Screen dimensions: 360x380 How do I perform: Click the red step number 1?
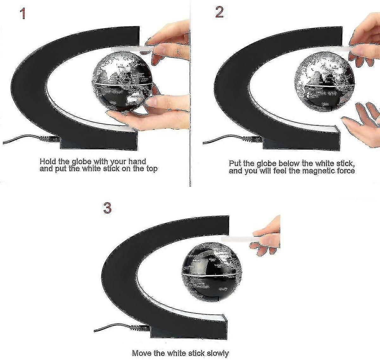(22, 14)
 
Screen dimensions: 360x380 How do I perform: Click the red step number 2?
(219, 12)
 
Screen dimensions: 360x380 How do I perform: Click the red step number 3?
(107, 208)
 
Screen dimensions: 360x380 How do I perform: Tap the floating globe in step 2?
(323, 79)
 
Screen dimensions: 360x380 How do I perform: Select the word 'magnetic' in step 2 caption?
(317, 171)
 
